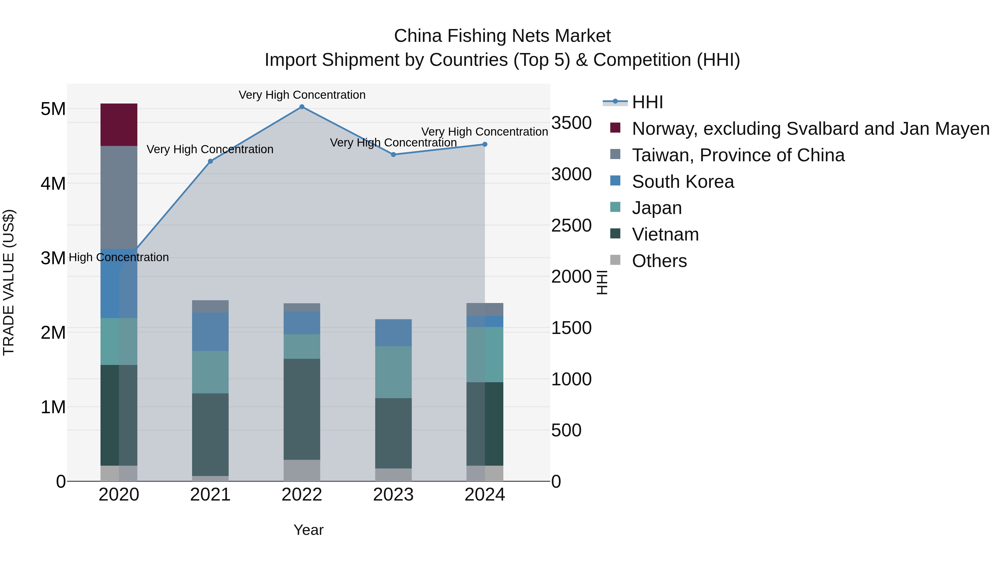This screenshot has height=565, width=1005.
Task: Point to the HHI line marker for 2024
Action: [x=485, y=144]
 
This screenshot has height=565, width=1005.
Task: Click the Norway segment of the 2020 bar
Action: [x=119, y=125]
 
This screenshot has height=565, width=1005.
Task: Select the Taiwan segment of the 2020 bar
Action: [x=119, y=197]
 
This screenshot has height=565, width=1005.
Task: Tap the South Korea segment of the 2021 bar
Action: [x=210, y=332]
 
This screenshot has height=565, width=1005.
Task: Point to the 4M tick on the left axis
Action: [x=53, y=183]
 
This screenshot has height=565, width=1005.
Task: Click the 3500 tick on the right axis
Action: [x=571, y=123]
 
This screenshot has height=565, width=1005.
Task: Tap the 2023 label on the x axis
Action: [x=393, y=495]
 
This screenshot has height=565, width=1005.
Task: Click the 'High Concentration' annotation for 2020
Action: [x=119, y=257]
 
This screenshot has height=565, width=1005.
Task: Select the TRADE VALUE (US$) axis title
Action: [x=9, y=282]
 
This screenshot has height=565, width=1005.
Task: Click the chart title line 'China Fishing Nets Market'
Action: [x=502, y=36]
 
